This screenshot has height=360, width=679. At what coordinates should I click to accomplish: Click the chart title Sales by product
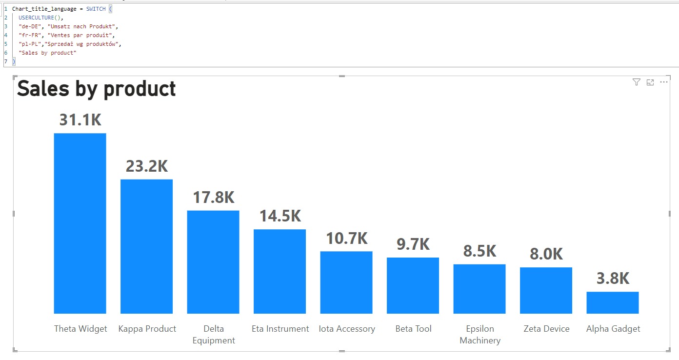(x=97, y=89)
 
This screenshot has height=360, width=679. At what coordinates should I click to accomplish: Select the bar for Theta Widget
(x=80, y=223)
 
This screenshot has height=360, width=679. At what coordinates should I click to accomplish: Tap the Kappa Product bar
(x=146, y=246)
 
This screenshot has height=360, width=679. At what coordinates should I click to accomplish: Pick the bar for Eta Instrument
(x=280, y=271)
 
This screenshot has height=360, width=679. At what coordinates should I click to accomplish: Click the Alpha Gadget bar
(x=612, y=302)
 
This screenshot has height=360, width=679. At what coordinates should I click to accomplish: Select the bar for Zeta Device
(x=546, y=290)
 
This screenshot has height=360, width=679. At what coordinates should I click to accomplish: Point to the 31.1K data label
(x=80, y=120)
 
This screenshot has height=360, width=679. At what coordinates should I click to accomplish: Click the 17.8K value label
(x=214, y=198)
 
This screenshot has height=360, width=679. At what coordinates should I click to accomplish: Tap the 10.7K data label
(x=347, y=239)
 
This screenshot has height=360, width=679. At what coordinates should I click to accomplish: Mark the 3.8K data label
(x=613, y=279)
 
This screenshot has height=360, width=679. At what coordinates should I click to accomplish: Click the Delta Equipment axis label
(x=214, y=335)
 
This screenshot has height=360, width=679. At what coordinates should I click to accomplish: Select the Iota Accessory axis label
(x=347, y=329)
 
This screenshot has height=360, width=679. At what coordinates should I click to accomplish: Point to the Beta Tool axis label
(x=413, y=329)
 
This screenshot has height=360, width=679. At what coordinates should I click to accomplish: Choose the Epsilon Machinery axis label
(x=480, y=335)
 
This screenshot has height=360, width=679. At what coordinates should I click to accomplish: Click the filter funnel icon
(x=636, y=82)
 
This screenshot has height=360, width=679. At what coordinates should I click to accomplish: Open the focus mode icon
(x=650, y=82)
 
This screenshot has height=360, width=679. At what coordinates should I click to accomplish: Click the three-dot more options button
(x=664, y=82)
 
